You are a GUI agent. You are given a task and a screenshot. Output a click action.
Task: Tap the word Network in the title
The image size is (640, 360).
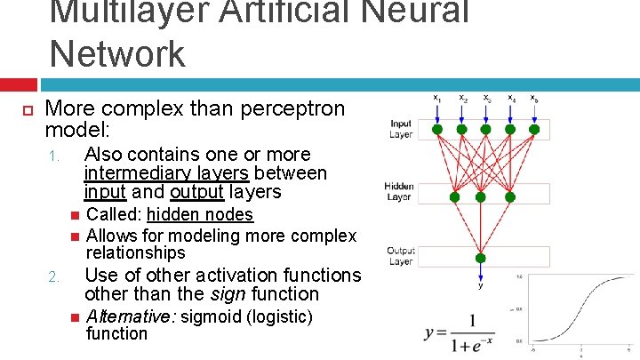coord(117,52)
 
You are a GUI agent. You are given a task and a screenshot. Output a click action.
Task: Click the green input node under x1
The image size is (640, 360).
coord(437,129)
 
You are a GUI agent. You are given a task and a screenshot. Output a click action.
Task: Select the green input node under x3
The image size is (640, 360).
coord(486,129)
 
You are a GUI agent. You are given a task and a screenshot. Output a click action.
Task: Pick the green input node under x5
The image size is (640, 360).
coord(534,129)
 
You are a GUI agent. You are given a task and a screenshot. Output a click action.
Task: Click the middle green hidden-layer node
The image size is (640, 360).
coord(481,196)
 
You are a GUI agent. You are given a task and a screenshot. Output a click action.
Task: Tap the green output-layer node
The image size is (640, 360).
coord(481,259)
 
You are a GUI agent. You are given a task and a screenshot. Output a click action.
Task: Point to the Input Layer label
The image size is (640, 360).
coord(401,129)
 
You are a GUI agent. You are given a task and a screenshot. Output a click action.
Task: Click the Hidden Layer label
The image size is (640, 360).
coord(399,192)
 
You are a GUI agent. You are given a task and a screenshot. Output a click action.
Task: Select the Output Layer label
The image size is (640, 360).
coord(400,256)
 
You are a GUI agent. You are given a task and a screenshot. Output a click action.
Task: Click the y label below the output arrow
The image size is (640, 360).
coord(481,286)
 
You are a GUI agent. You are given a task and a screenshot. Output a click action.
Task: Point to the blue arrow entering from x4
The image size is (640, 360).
coord(510,113)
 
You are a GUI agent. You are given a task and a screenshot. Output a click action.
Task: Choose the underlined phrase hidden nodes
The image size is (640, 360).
coord(200,214)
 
